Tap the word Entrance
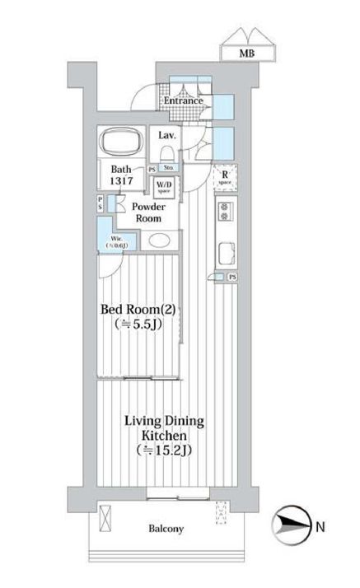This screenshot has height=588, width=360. pos(182,101)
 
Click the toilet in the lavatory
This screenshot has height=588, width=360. pos(167,154)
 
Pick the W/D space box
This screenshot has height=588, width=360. pos(165,186)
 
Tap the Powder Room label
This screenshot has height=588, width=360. pos(145,213)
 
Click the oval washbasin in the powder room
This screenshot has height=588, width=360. pos(159,242)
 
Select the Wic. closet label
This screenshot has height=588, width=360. pos(120,241)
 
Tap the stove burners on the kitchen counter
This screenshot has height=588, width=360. pos(223,212)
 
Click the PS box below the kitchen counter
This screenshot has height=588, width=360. pos(232,278)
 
